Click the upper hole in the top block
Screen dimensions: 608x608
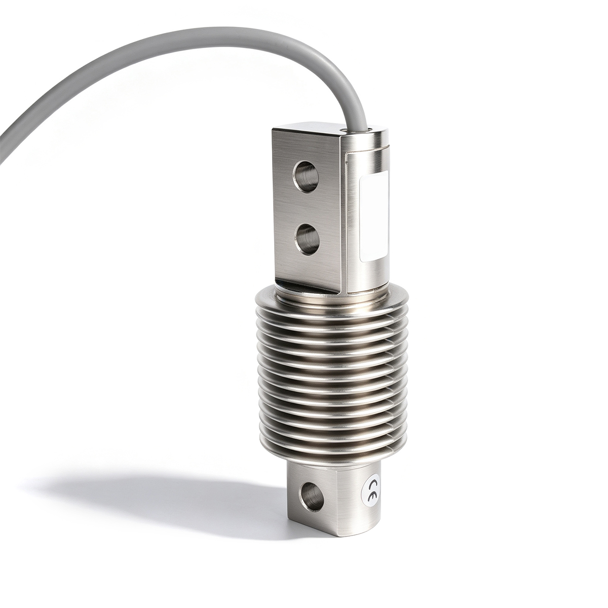[x=306, y=177]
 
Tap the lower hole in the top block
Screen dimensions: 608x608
[x=306, y=239]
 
